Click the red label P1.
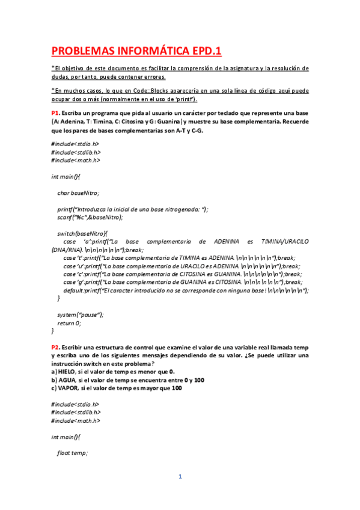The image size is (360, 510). (55, 112)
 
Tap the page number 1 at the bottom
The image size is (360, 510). (179, 477)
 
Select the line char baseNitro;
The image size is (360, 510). (78, 193)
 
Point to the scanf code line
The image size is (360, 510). (90, 217)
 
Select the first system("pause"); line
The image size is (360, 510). (81, 314)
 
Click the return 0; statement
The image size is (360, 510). (70, 323)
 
